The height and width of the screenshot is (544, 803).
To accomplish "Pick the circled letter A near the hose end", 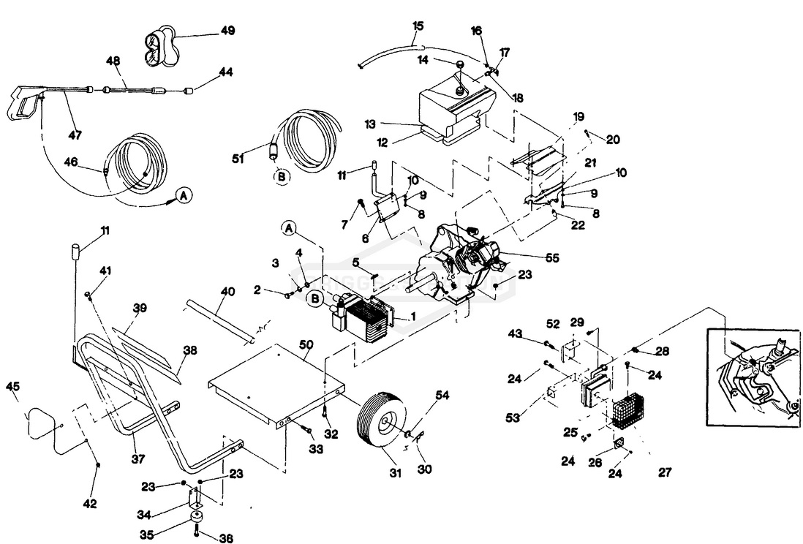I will [185, 194].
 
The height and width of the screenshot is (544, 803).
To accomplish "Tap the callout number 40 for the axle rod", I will [227, 291].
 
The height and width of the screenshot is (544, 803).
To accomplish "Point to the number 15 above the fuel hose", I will [418, 26].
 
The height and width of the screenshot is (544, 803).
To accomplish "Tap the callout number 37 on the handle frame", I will [138, 459].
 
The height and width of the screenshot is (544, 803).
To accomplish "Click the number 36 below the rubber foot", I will [227, 538].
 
